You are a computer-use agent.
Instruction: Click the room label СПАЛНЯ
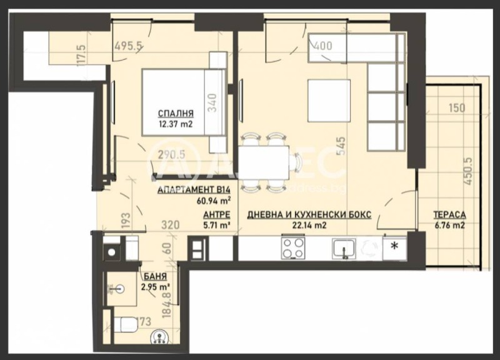pyautogui.click(x=175, y=114)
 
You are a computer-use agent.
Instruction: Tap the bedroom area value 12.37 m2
pyautogui.click(x=175, y=124)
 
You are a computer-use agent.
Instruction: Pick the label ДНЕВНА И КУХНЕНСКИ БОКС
pyautogui.click(x=309, y=214)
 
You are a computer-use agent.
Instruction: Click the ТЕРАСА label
pyautogui.click(x=449, y=214)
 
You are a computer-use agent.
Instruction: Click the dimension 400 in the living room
pyautogui.click(x=322, y=45)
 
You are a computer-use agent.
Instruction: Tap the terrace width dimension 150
pyautogui.click(x=457, y=107)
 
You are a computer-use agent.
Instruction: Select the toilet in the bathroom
pyautogui.click(x=127, y=324)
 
